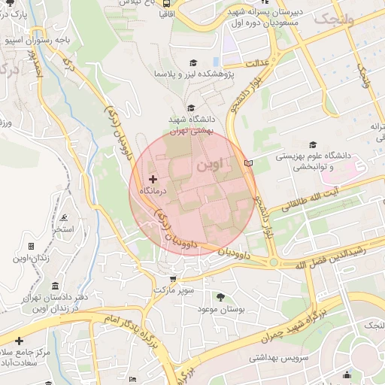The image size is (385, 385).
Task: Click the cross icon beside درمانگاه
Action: point(153,179)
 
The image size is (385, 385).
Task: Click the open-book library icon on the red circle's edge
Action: point(249,162)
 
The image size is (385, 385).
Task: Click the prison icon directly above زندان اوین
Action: point(31,246)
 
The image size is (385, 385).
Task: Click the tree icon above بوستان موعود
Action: point(220,297)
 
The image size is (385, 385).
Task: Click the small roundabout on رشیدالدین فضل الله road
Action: point(274,262)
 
